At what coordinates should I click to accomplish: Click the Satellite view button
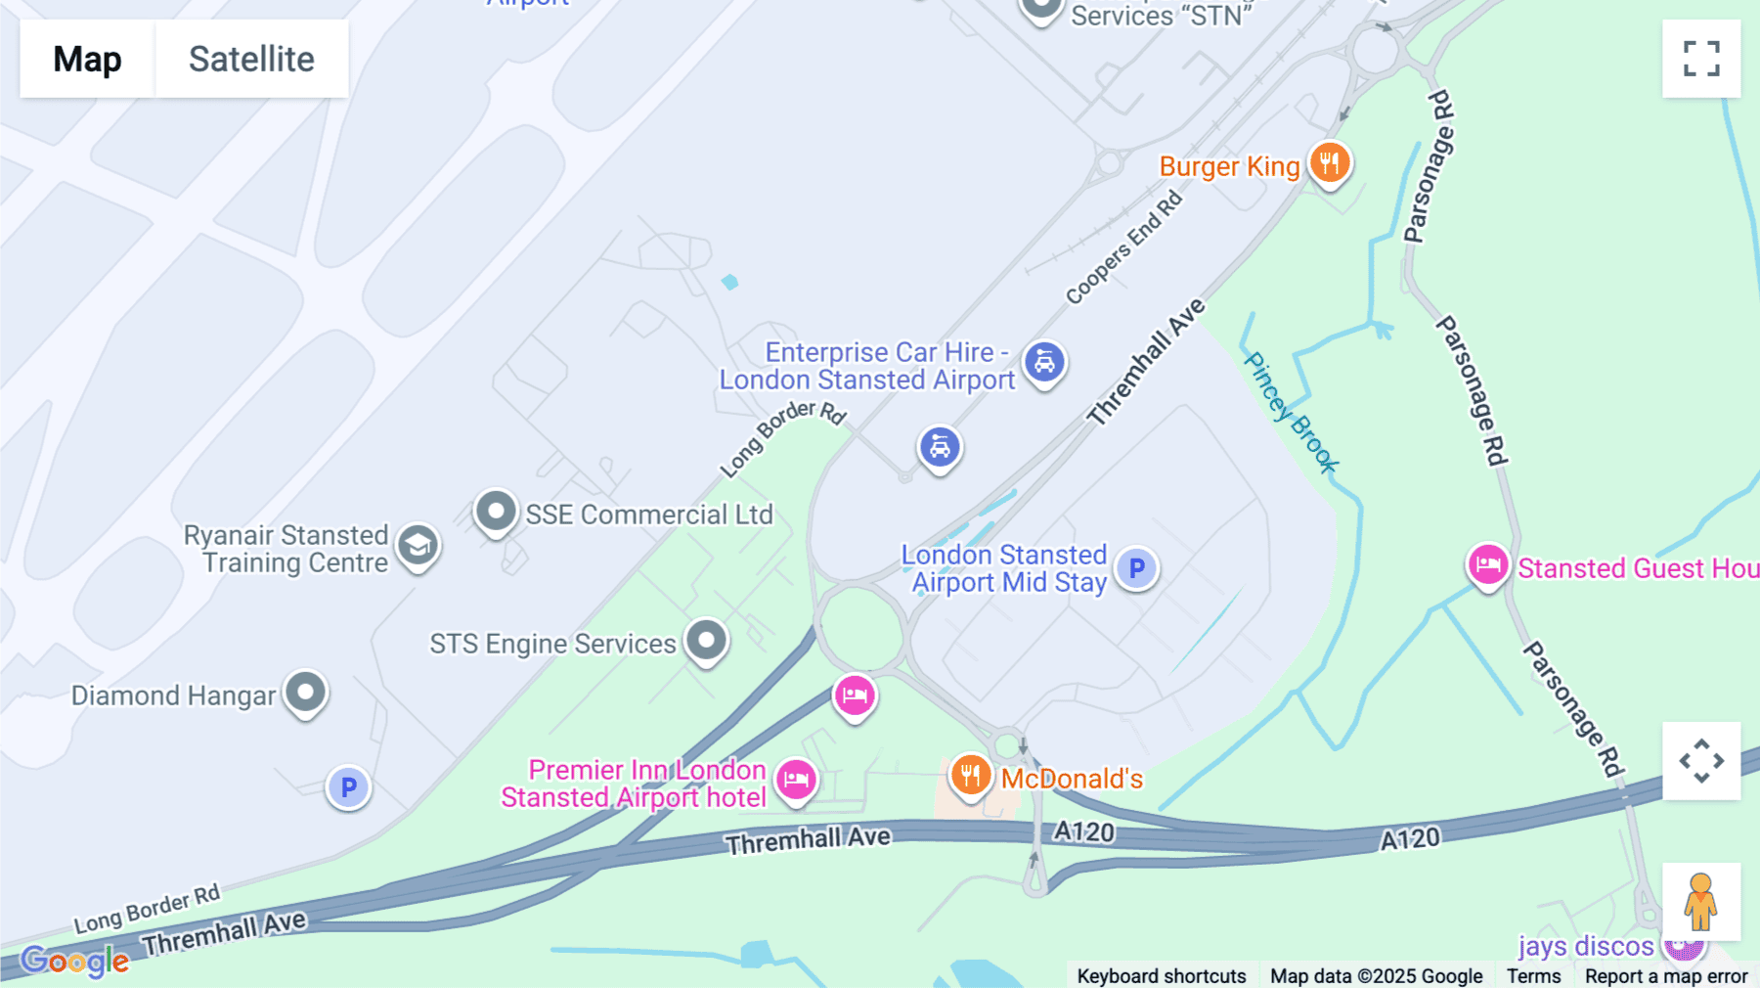coord(251,59)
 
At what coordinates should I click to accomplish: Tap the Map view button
coord(87,59)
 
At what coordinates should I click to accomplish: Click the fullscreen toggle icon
coord(1701,59)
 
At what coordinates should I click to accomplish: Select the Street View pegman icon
coord(1701,902)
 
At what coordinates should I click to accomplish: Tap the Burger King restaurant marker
coord(1330,162)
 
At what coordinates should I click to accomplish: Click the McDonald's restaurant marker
coord(970,776)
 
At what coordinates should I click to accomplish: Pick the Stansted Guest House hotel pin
coord(1488,564)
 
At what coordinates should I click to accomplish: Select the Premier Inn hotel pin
coord(796,780)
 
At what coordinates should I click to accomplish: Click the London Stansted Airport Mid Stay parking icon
coord(1136,567)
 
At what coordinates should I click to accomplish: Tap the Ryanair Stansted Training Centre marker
coord(418,546)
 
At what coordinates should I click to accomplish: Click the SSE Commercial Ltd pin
coord(496,511)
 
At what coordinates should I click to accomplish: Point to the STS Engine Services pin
coord(706,641)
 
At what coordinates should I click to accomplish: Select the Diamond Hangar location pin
coord(305,693)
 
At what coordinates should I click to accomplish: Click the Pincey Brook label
coord(1290,412)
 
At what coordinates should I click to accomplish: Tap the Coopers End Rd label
coord(1123,248)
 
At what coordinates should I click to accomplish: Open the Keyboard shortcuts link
coord(1161,975)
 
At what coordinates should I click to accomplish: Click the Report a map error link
coord(1666,975)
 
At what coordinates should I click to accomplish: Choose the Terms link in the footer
coord(1533,975)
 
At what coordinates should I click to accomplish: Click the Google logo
coord(74,961)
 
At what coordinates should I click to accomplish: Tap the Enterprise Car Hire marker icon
coord(1044,363)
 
